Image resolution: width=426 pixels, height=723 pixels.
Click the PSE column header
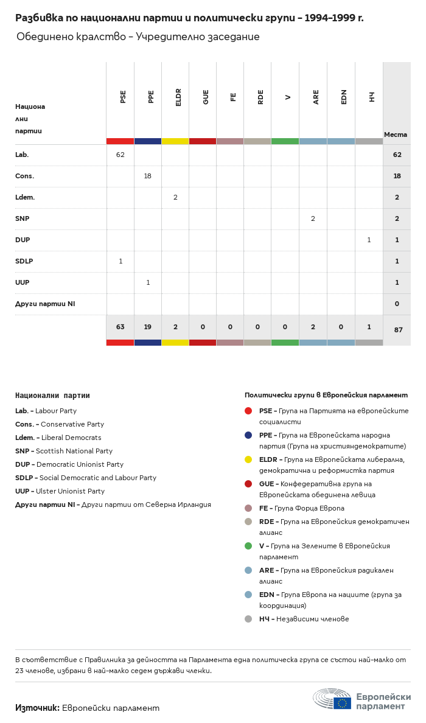point(123,96)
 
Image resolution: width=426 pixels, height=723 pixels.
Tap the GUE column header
point(206,97)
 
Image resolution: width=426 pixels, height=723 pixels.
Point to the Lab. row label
point(22,155)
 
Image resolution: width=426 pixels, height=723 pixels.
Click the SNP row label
point(22,218)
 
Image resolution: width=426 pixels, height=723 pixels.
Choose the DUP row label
point(23,240)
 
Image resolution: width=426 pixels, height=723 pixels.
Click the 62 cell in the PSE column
point(120,155)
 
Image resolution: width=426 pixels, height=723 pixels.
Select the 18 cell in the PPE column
point(148,176)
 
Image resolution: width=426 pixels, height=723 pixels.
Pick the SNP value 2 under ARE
point(313,218)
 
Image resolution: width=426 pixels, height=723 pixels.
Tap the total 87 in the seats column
point(398,330)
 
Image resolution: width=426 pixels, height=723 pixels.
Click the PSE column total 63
point(120,327)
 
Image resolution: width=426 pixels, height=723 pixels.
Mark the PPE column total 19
point(148,327)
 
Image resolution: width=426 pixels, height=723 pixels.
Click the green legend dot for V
point(248,546)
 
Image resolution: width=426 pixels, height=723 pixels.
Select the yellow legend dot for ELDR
point(248,459)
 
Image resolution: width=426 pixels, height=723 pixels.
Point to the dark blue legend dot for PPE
point(248,435)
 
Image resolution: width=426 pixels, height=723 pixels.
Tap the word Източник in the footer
point(37,708)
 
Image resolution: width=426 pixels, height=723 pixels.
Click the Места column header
point(396,134)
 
